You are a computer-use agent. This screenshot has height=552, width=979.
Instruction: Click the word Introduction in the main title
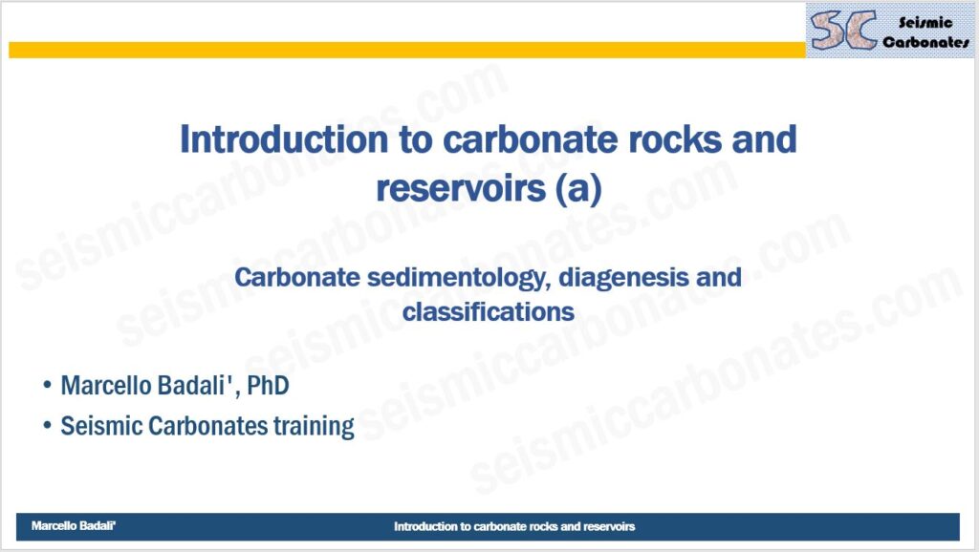284,138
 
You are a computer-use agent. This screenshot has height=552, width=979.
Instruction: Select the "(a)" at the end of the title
578,188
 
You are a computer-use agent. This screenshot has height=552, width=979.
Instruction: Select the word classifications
489,311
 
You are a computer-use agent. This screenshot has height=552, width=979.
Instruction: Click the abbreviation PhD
268,386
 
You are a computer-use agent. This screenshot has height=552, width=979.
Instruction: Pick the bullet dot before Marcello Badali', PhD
47,385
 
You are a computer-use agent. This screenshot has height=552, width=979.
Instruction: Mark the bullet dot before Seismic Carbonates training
47,425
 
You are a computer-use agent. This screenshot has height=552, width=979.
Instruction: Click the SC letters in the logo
843,30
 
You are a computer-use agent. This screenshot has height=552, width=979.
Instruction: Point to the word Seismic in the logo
925,23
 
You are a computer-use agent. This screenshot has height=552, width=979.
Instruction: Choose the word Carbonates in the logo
925,42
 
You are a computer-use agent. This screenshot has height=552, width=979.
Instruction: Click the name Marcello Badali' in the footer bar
74,526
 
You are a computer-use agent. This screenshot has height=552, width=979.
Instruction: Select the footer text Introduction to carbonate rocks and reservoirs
514,526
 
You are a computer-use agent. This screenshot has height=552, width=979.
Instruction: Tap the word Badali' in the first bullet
199,386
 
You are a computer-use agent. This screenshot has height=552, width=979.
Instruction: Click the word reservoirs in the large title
461,188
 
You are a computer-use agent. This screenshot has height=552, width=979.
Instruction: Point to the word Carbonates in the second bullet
207,427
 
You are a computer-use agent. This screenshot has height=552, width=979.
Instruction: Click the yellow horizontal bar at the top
407,50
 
